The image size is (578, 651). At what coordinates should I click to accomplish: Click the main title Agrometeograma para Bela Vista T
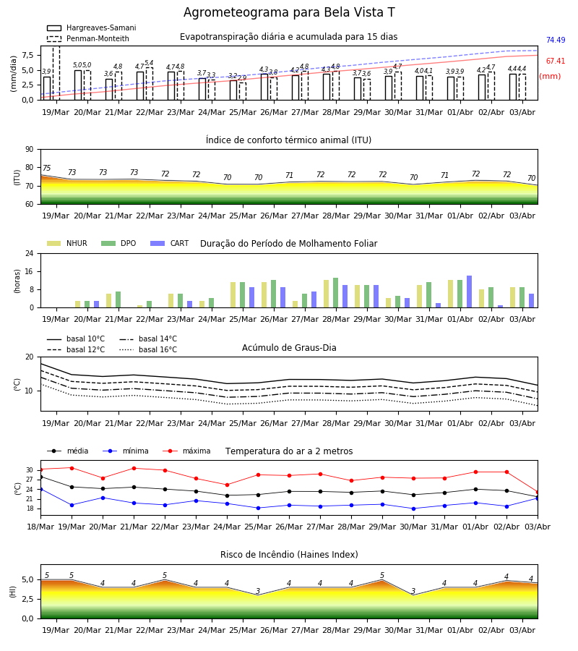[x=289, y=12]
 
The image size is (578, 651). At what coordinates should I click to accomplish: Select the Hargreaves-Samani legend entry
[x=91, y=27]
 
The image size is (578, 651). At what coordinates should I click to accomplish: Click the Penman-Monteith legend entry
[x=88, y=38]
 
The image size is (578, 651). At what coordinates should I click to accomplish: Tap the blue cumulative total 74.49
[x=556, y=40]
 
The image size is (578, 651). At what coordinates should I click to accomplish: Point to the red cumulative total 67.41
[x=556, y=61]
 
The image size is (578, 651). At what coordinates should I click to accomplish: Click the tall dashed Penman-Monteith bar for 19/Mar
[x=56, y=73]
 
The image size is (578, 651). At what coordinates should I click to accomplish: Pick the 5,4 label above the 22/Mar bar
[x=149, y=63]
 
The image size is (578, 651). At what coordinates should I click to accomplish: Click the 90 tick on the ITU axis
[x=30, y=150]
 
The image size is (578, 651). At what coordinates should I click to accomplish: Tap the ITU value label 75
[x=46, y=168]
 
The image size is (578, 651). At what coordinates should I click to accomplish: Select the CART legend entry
[x=170, y=243]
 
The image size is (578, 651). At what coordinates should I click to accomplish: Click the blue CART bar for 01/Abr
[x=470, y=292]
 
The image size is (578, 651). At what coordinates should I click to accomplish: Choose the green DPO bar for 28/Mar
[x=335, y=293]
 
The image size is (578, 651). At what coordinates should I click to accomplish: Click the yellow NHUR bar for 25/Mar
[x=233, y=295]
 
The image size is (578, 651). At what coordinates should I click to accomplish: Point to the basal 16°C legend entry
[x=148, y=349]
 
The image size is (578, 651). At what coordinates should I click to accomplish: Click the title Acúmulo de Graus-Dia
[x=289, y=348]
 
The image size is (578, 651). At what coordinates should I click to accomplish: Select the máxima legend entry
[x=186, y=451]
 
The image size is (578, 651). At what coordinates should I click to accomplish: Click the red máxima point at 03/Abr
[x=538, y=493]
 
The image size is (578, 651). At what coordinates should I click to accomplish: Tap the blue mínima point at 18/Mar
[x=40, y=489]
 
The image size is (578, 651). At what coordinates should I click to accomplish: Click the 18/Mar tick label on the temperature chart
[x=40, y=527]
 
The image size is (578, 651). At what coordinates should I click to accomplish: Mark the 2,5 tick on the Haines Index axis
[x=28, y=600]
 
